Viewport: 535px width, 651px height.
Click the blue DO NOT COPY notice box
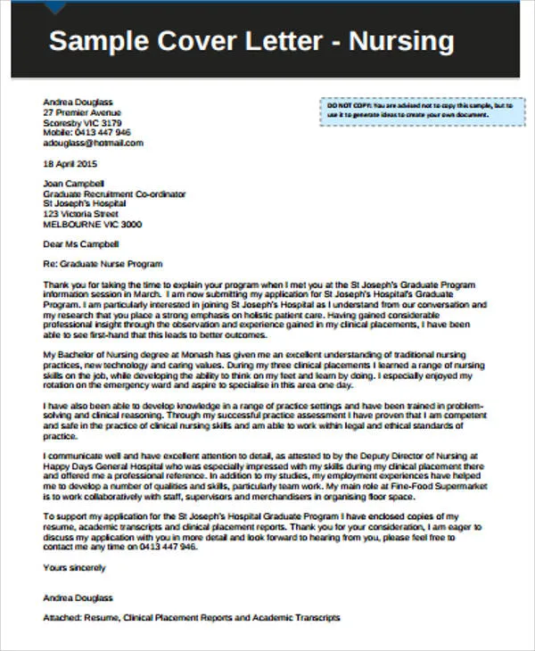(x=416, y=110)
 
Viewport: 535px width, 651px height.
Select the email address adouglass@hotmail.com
(x=87, y=142)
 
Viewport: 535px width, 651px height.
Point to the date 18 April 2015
(x=70, y=164)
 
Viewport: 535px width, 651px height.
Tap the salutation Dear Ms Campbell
(x=80, y=243)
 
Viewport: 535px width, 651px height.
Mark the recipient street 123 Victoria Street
(x=80, y=213)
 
